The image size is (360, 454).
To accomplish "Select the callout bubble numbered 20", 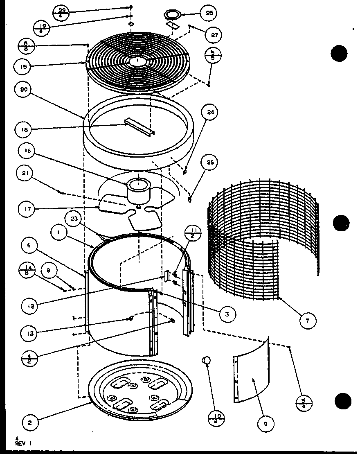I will (24, 90).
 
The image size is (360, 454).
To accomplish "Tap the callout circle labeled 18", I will (24, 130).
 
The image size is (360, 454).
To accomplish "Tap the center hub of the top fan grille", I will (138, 61).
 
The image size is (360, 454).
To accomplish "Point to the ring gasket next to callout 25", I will (173, 14).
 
